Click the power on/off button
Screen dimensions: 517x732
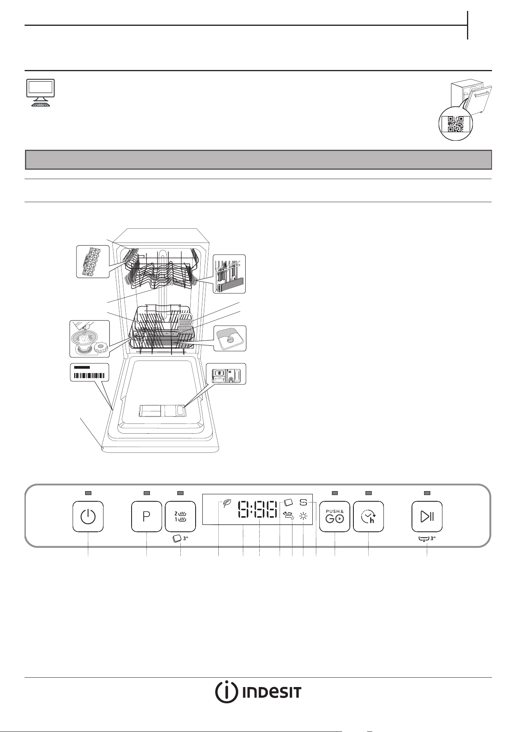[88, 516]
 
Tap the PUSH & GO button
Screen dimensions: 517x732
[335, 516]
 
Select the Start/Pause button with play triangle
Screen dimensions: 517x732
[427, 516]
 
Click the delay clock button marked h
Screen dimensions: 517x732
[369, 516]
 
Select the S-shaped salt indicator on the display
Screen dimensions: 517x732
[304, 502]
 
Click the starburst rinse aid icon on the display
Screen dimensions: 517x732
[303, 516]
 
